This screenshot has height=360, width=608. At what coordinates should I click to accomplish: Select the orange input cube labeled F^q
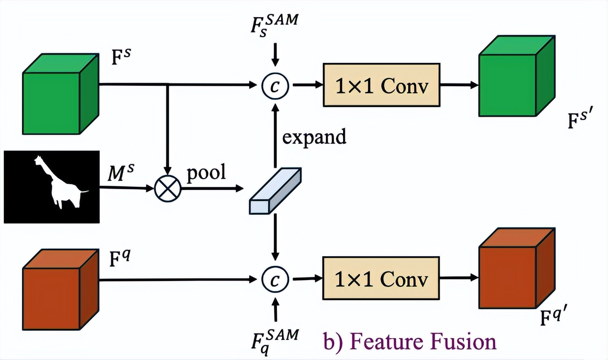click(60, 290)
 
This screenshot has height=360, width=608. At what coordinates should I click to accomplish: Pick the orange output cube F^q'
click(517, 271)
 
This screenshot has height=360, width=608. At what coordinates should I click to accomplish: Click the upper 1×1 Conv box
click(381, 85)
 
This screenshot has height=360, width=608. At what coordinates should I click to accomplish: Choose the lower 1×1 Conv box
click(381, 278)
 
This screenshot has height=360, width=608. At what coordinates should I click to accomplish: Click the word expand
click(314, 137)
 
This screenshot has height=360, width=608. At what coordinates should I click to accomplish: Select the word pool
click(205, 172)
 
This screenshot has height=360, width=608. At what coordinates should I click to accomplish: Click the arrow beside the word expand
click(275, 135)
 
